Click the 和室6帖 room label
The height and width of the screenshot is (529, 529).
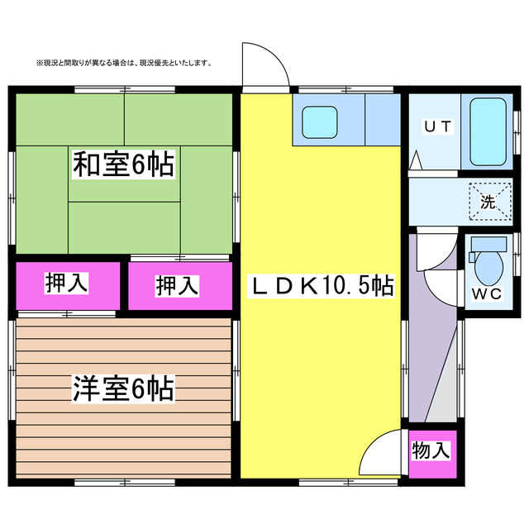(x=124, y=165)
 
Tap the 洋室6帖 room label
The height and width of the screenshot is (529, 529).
(x=123, y=388)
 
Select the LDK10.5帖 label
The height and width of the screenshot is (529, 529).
(x=322, y=287)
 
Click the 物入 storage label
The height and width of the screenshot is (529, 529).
(x=431, y=451)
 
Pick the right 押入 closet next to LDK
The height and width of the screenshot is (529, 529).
(x=178, y=286)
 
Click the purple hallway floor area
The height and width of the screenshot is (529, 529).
(x=430, y=331)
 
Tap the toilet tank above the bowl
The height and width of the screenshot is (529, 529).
(x=488, y=244)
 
